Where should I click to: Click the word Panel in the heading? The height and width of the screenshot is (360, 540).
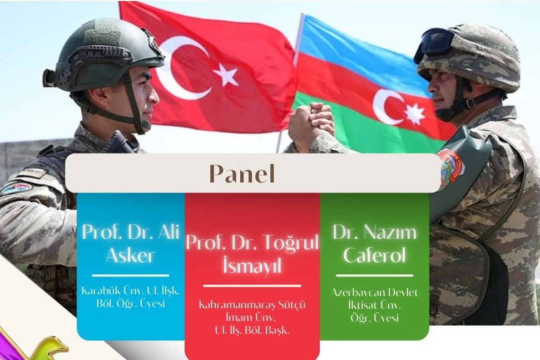242,173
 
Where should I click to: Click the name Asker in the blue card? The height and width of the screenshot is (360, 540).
130,255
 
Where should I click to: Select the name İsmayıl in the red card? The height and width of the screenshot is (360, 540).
252,265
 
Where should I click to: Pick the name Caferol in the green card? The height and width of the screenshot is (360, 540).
374,255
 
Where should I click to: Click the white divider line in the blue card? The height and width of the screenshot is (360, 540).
131,275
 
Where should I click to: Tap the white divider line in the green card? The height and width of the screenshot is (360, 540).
374,275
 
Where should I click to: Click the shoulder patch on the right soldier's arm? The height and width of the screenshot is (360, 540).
452,166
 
